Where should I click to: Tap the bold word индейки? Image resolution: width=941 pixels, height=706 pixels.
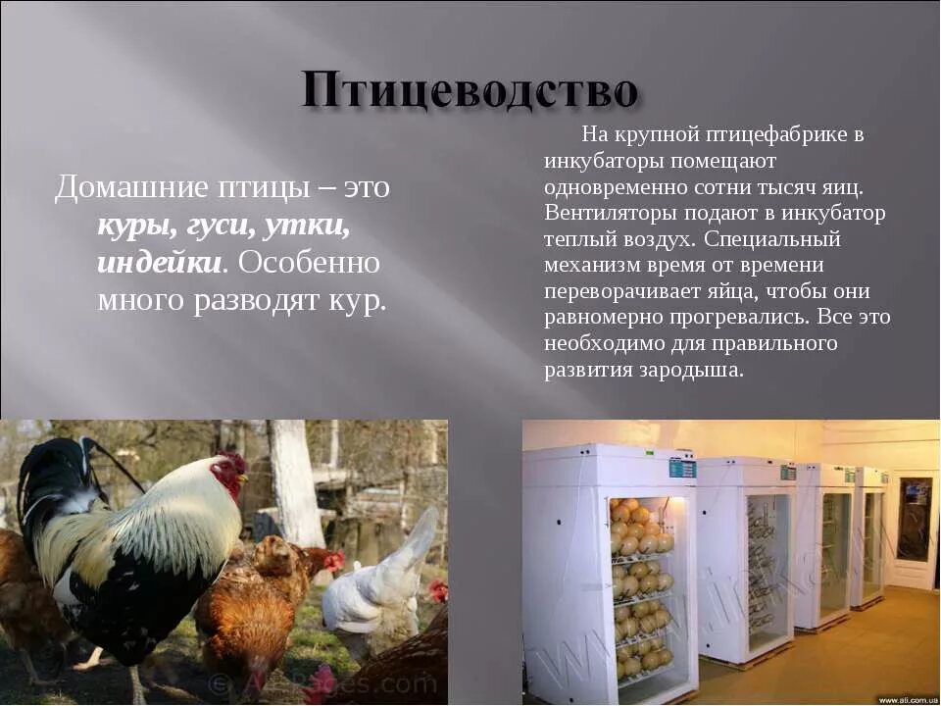pyautogui.click(x=158, y=263)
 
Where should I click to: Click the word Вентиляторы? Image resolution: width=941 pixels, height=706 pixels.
pyautogui.click(x=606, y=213)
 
